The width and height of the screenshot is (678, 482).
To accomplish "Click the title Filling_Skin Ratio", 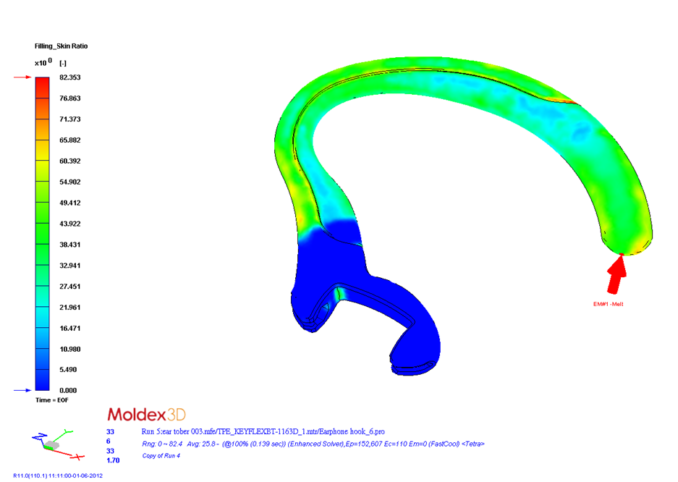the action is [x=61, y=46].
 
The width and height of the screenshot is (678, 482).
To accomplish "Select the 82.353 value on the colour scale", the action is [x=70, y=77].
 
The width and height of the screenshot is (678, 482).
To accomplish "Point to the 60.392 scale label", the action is [x=70, y=161].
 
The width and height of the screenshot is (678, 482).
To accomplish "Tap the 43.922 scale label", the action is [x=70, y=224].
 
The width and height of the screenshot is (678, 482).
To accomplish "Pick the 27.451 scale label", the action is [x=70, y=287].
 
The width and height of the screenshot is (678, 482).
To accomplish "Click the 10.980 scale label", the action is [x=70, y=350].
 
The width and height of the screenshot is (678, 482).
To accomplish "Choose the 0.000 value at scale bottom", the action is [x=68, y=390].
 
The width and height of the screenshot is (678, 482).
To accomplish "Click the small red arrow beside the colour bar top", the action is [x=22, y=77].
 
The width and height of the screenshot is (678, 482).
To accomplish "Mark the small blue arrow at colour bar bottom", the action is [x=22, y=390].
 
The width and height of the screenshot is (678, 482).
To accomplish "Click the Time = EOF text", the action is [x=52, y=400].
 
